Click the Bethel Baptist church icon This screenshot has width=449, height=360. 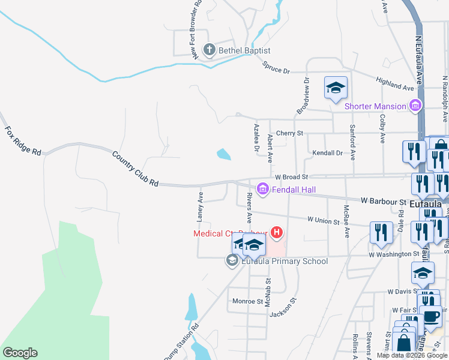(209, 50)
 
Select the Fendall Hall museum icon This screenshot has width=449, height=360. (262, 190)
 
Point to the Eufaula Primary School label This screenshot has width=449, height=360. (285, 261)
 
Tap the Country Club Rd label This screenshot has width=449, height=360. (136, 168)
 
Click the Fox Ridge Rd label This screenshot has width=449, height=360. (23, 140)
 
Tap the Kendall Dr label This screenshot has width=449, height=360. (327, 153)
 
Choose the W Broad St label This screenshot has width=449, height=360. (291, 177)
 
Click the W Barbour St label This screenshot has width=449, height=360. (384, 202)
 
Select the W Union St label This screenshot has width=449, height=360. (323, 221)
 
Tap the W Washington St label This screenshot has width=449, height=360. (394, 254)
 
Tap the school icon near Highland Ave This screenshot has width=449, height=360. (336, 88)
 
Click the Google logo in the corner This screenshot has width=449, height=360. (20, 353)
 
